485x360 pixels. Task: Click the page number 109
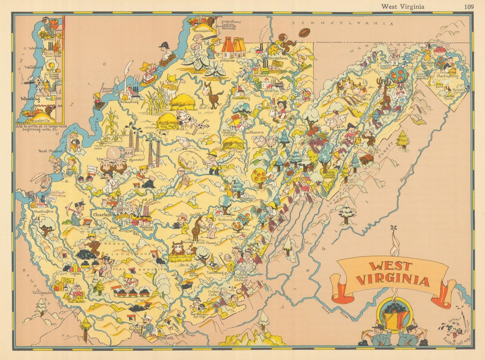point(469,6)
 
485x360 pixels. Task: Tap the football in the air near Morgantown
point(304,32)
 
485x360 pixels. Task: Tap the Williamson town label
point(41,292)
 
